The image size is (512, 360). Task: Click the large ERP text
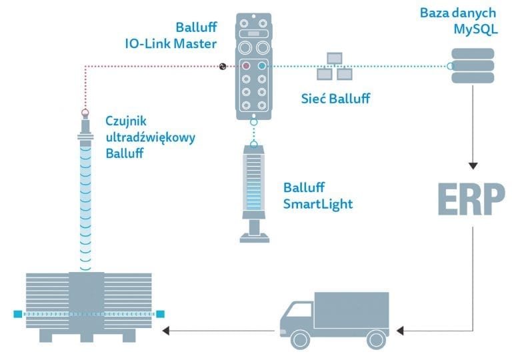[x=471, y=197]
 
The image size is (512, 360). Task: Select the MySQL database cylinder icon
[x=473, y=65]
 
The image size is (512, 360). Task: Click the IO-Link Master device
[x=254, y=67]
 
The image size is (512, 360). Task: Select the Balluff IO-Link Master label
[x=194, y=35]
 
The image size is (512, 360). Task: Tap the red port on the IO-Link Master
[x=247, y=66]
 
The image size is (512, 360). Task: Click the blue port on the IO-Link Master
[x=261, y=66]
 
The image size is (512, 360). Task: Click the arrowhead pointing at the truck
[x=401, y=329]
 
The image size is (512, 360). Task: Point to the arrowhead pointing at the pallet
[x=167, y=329]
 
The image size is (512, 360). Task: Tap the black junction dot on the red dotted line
[x=223, y=66]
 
